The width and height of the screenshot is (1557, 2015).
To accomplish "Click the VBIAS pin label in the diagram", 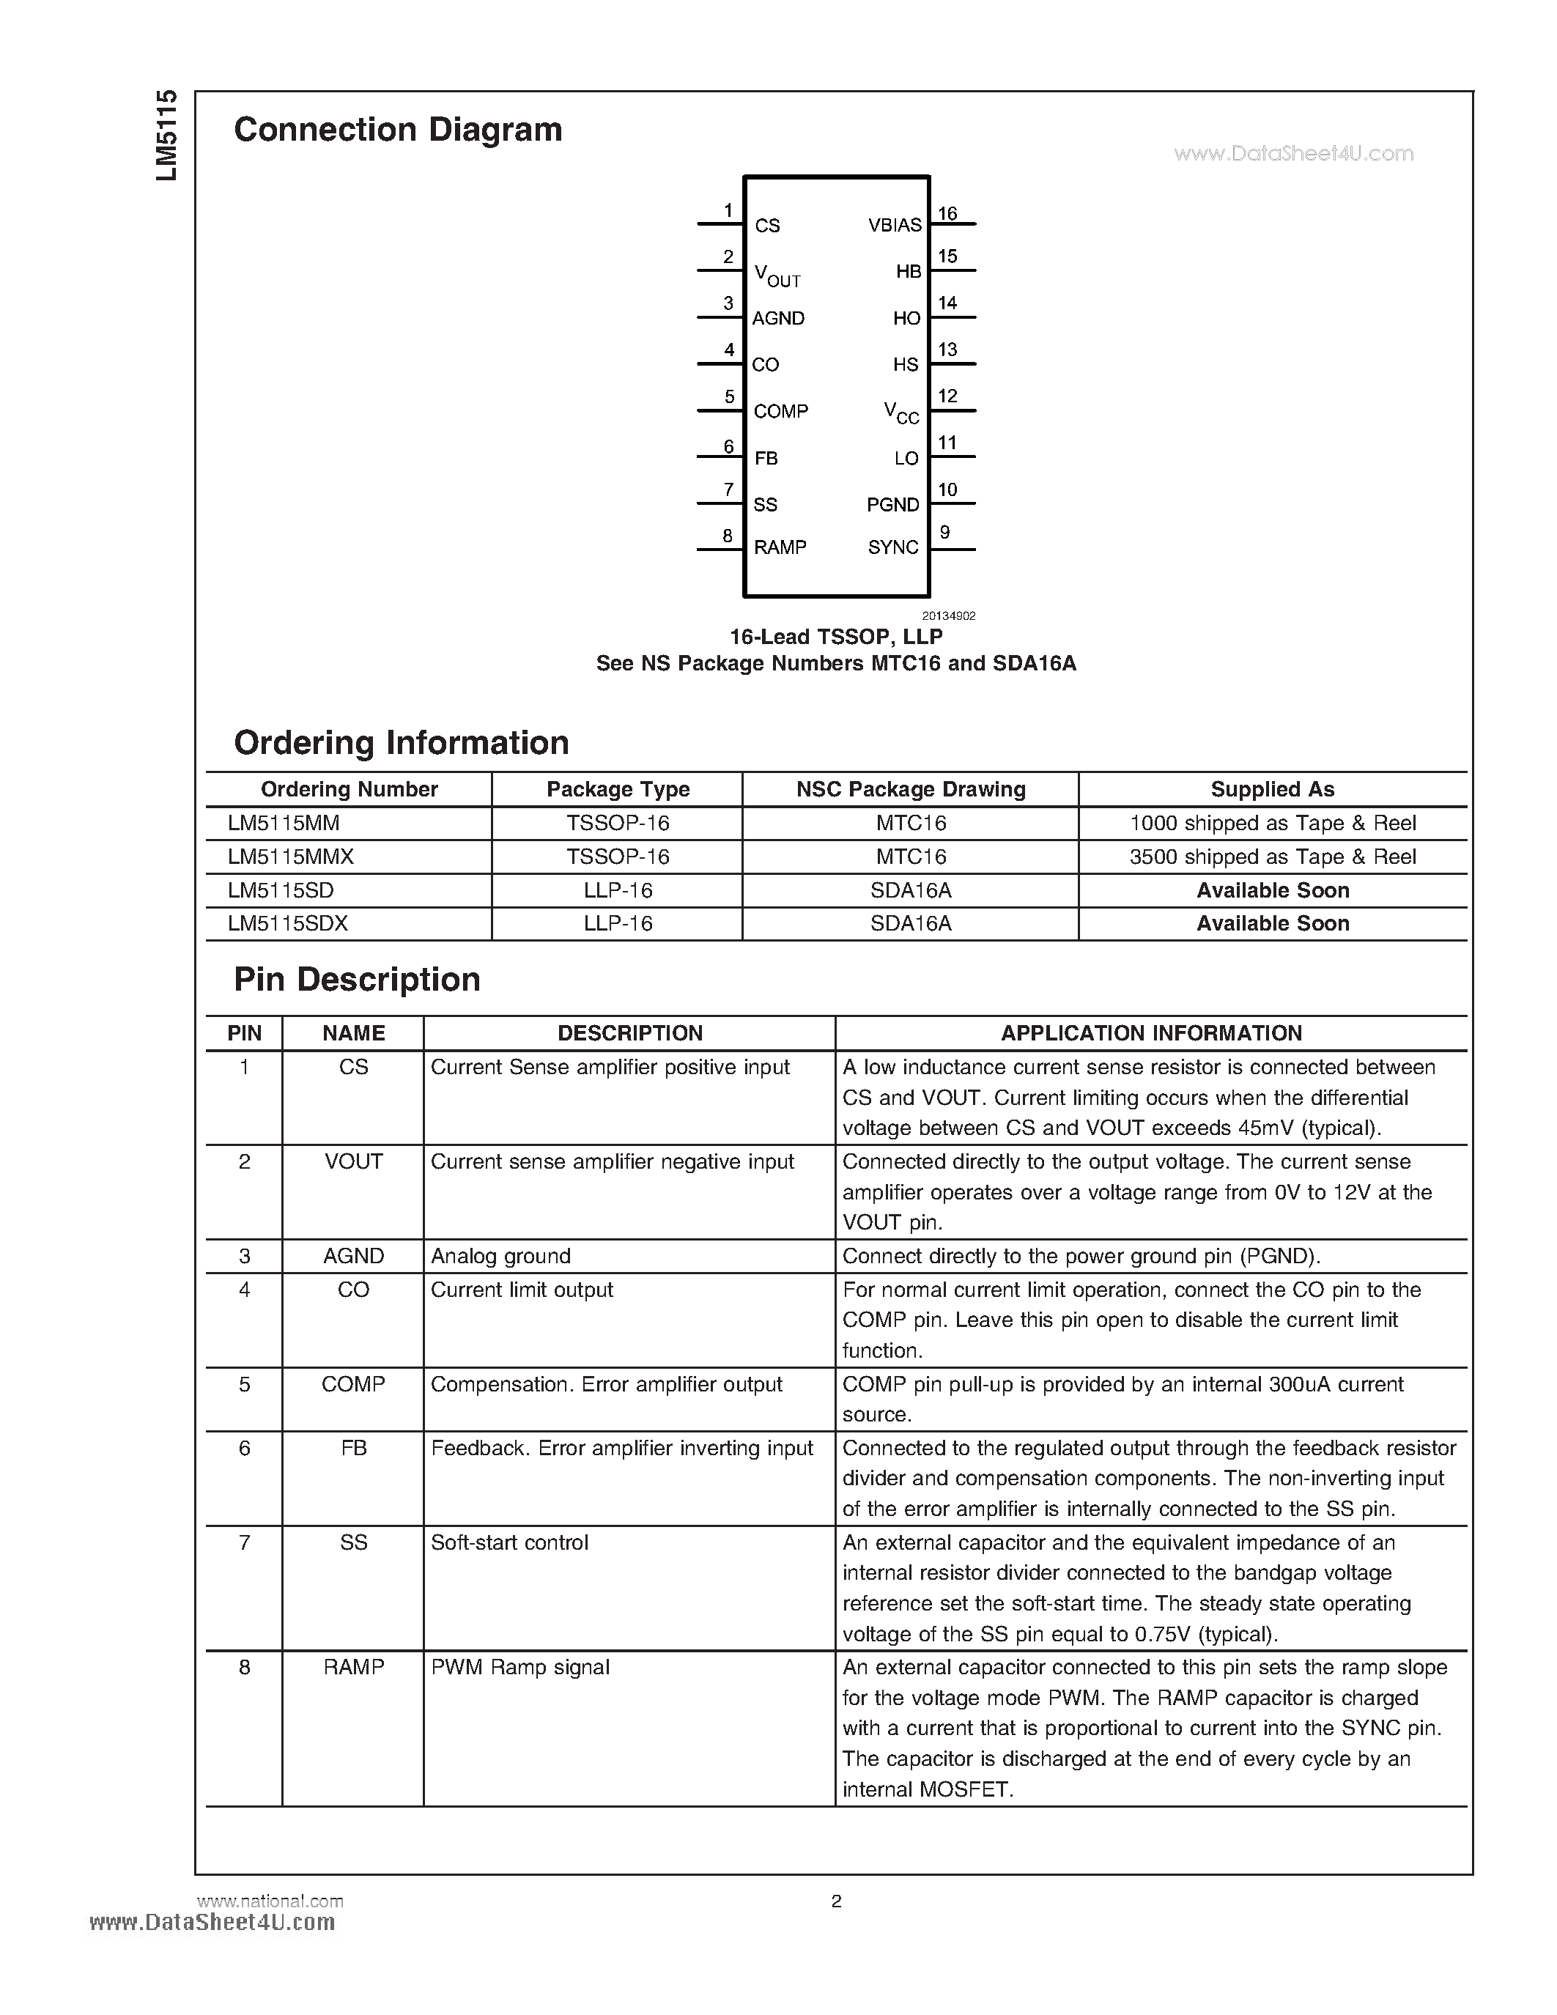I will pos(894,225).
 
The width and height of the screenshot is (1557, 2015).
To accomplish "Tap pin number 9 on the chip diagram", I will pos(944,533).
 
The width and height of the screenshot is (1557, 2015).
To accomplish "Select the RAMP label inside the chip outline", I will pos(780,547).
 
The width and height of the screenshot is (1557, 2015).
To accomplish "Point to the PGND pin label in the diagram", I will pos(892,505).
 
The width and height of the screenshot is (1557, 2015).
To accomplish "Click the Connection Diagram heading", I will pos(398,129).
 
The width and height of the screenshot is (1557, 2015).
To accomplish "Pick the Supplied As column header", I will pos(1272,789).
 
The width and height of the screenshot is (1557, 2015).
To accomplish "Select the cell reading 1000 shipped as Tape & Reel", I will pos(1272,823).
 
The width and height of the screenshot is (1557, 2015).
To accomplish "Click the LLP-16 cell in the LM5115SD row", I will pos(617,890).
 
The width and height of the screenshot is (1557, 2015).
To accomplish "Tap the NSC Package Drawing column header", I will pos(911,789).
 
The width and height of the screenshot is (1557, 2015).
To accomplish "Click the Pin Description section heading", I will pos(357,979).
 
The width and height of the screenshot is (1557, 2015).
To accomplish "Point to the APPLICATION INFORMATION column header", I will pos(1151,1033).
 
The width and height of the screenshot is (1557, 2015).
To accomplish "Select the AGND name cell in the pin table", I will pos(353,1256).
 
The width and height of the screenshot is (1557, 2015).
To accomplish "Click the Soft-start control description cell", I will pos(509,1542).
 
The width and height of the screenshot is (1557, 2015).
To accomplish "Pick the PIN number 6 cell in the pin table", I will pos(245,1449).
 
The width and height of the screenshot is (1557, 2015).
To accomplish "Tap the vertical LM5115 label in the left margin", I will pos(166,136).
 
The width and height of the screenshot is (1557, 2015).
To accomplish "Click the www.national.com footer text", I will pos(270,1901).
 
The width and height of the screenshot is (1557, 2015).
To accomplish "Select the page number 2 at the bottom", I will pos(836,1901).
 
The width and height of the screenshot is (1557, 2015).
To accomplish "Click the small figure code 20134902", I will pos(948,615).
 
